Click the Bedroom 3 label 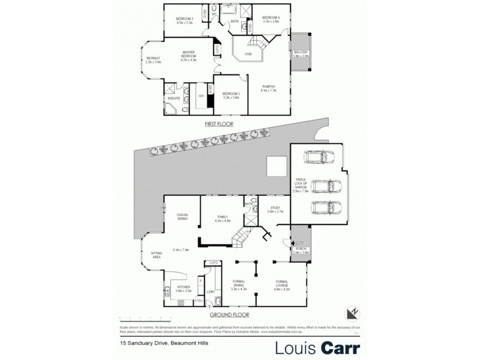point(184,20)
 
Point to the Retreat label point(154,59)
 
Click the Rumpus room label point(268,89)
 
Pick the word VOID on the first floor point(248,55)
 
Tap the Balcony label point(301,53)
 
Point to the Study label point(274,209)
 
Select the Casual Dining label point(182,217)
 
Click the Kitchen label point(183,289)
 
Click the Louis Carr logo point(317,347)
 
